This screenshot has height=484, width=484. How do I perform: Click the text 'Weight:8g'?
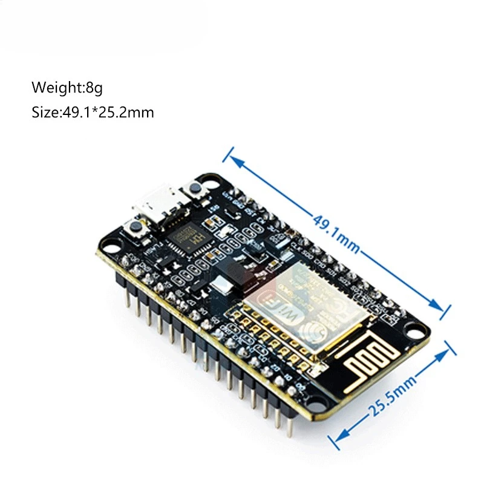coord(67,88)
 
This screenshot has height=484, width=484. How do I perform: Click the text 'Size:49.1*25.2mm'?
coord(93,112)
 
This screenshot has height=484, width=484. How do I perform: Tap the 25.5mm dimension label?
coord(394,393)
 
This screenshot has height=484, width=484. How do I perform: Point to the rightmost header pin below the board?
coord(289,428)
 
